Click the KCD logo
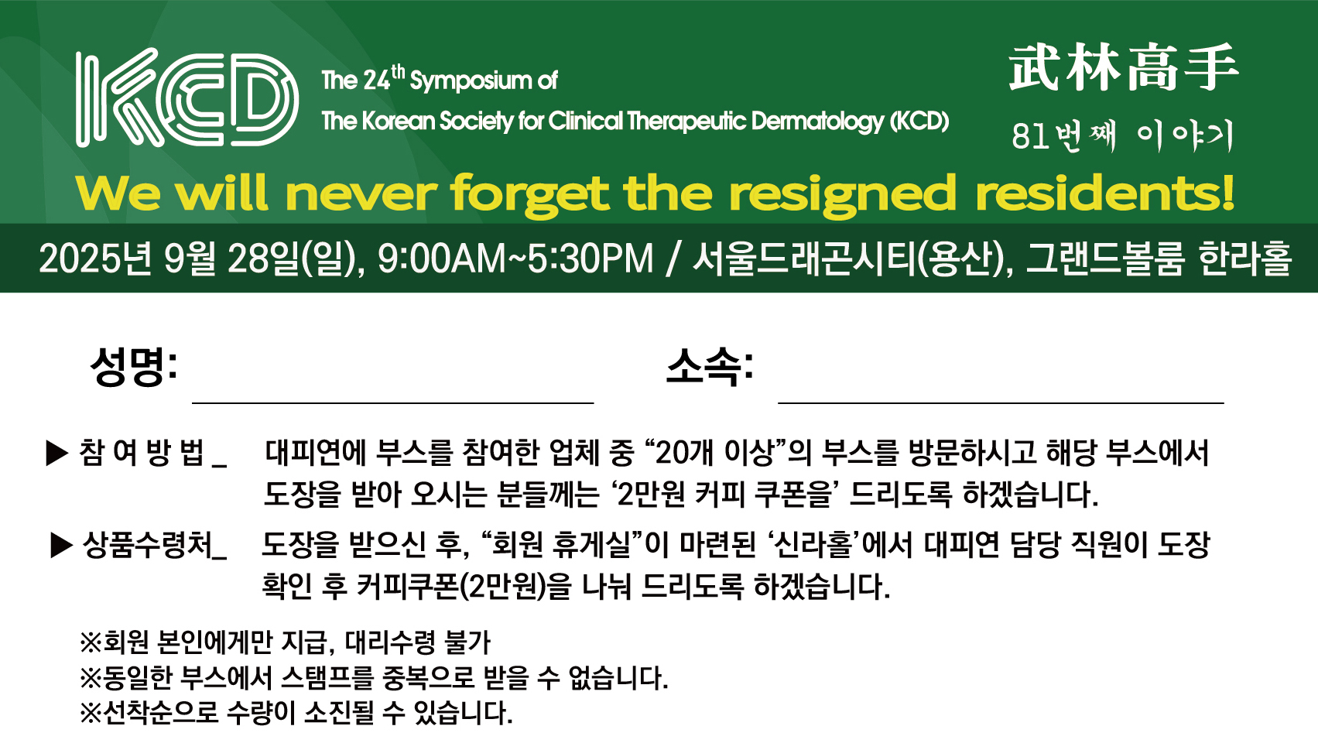(187, 98)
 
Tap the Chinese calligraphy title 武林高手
(1123, 68)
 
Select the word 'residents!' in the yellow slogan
(1104, 193)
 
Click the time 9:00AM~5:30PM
(515, 259)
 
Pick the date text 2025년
(98, 259)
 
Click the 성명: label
(134, 366)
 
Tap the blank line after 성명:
(392, 403)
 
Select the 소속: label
(710, 366)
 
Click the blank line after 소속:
(1001, 403)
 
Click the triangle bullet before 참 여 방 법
(57, 454)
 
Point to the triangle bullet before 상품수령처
(62, 546)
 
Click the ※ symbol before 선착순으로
(91, 713)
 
